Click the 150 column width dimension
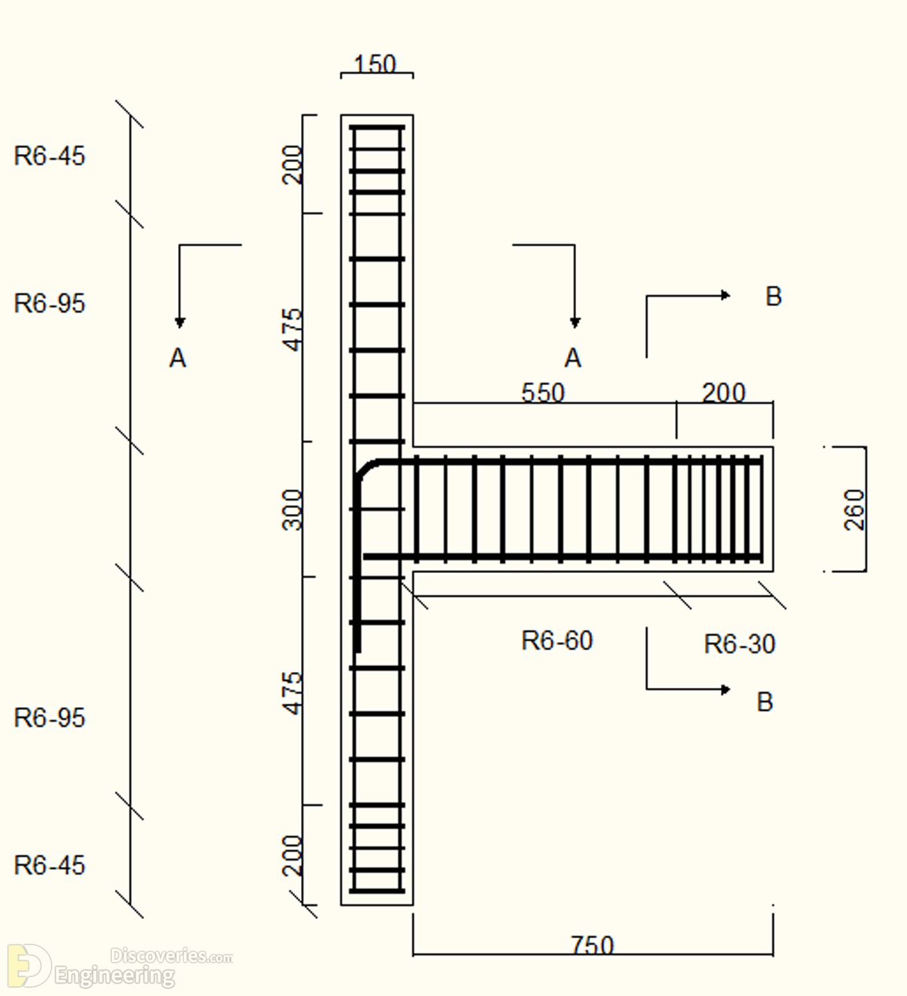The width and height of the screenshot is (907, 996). click(x=375, y=64)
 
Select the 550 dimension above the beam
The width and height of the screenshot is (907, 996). click(x=543, y=392)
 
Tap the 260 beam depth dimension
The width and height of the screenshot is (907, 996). click(x=855, y=510)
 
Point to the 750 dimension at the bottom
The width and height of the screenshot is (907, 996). click(x=593, y=946)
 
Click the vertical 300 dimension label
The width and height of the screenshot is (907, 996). click(x=292, y=510)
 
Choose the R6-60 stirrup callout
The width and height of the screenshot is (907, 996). click(x=557, y=641)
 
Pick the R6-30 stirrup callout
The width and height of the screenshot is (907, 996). click(x=740, y=644)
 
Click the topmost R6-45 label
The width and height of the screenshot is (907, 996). click(x=49, y=155)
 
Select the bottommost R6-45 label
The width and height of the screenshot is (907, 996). click(x=49, y=865)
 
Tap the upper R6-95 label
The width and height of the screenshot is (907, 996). click(x=49, y=303)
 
